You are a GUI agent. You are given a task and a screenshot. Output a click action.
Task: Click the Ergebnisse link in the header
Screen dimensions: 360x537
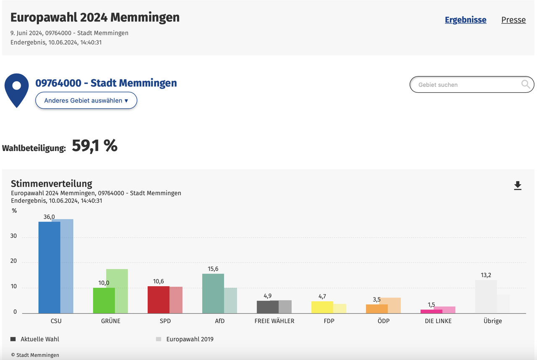(465, 20)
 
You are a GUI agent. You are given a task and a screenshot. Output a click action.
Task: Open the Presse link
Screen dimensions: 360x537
(513, 20)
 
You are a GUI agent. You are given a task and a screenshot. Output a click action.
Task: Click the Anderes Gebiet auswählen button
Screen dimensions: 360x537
(86, 101)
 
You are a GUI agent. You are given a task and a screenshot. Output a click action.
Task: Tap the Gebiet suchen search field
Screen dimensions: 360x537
(466, 85)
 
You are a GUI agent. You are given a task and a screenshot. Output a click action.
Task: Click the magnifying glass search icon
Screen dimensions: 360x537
(525, 85)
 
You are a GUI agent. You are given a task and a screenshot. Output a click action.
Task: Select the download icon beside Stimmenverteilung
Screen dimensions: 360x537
(518, 185)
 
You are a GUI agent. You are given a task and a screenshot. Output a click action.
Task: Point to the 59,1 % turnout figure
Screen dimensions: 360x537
(94, 146)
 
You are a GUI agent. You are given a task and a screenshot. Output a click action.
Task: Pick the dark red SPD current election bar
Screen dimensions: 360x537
(158, 300)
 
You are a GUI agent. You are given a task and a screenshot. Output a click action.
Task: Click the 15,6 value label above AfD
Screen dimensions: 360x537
(213, 269)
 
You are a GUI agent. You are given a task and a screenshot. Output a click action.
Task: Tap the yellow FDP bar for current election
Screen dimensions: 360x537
(322, 307)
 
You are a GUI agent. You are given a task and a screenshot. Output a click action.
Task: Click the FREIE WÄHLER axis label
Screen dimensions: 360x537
(274, 321)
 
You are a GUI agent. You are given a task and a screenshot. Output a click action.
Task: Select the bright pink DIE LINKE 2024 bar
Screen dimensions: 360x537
(431, 311)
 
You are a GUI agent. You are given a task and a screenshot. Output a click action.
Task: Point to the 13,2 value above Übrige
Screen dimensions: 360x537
(486, 275)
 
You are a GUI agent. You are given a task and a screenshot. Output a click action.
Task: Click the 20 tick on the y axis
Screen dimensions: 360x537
(14, 261)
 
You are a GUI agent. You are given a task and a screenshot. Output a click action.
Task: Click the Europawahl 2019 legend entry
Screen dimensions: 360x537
(189, 339)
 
